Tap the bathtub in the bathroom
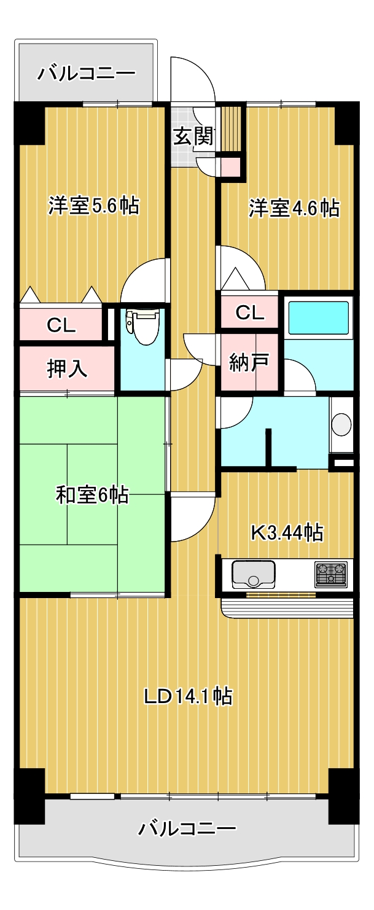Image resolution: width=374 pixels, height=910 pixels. click(x=318, y=317)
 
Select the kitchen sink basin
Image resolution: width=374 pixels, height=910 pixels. click(x=252, y=574)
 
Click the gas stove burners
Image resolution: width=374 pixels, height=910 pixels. click(x=331, y=573)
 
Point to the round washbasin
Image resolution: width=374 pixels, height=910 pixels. click(x=341, y=424)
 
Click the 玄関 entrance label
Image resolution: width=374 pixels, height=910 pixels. click(x=193, y=136)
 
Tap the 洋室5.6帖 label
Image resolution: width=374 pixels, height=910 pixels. click(x=93, y=206)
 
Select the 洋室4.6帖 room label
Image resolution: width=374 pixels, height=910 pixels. click(x=294, y=208)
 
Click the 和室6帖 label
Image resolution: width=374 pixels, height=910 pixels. click(x=92, y=494)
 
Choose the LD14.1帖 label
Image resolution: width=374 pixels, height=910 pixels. click(x=187, y=696)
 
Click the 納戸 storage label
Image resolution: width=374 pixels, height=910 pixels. click(x=249, y=362)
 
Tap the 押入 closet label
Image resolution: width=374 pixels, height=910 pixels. click(x=68, y=368)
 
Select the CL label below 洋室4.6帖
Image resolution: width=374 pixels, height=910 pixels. click(x=250, y=313)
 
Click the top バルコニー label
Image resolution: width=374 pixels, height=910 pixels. click(x=86, y=74)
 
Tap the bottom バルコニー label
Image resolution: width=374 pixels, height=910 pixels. click(x=187, y=830)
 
